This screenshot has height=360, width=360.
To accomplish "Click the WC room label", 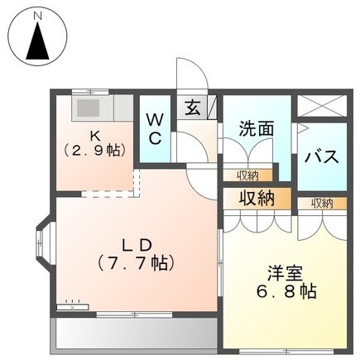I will tap(155, 128).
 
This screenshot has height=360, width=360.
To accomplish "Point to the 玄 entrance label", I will tap(192, 108).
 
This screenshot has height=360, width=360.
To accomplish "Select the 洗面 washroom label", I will tap(257, 129).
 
